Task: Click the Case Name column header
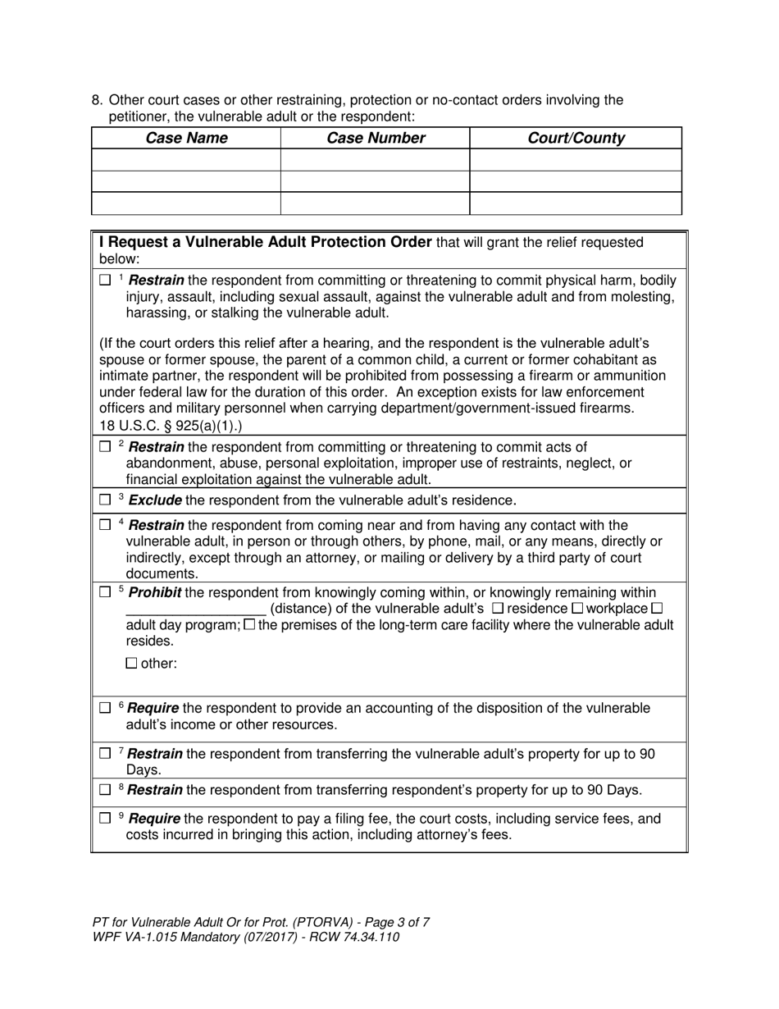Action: pyautogui.click(x=186, y=139)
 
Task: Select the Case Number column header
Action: pyautogui.click(x=376, y=139)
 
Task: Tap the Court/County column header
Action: pyautogui.click(x=575, y=139)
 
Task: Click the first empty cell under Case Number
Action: pyautogui.click(x=375, y=160)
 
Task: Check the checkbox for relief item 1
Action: pyautogui.click(x=105, y=281)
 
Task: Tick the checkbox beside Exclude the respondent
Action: pyautogui.click(x=105, y=500)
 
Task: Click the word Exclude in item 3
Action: pyautogui.click(x=156, y=500)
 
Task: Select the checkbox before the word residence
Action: pyautogui.click(x=497, y=609)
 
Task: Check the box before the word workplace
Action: pyautogui.click(x=576, y=609)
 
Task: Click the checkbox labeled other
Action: pyautogui.click(x=131, y=664)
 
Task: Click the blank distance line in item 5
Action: pyautogui.click(x=195, y=610)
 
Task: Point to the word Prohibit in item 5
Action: pyautogui.click(x=155, y=593)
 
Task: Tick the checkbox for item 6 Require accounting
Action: pyautogui.click(x=105, y=708)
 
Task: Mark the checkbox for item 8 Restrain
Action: pyautogui.click(x=105, y=791)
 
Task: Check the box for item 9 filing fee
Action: pyautogui.click(x=105, y=819)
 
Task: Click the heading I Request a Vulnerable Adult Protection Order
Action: pyautogui.click(x=265, y=243)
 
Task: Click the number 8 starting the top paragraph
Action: pyautogui.click(x=96, y=101)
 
